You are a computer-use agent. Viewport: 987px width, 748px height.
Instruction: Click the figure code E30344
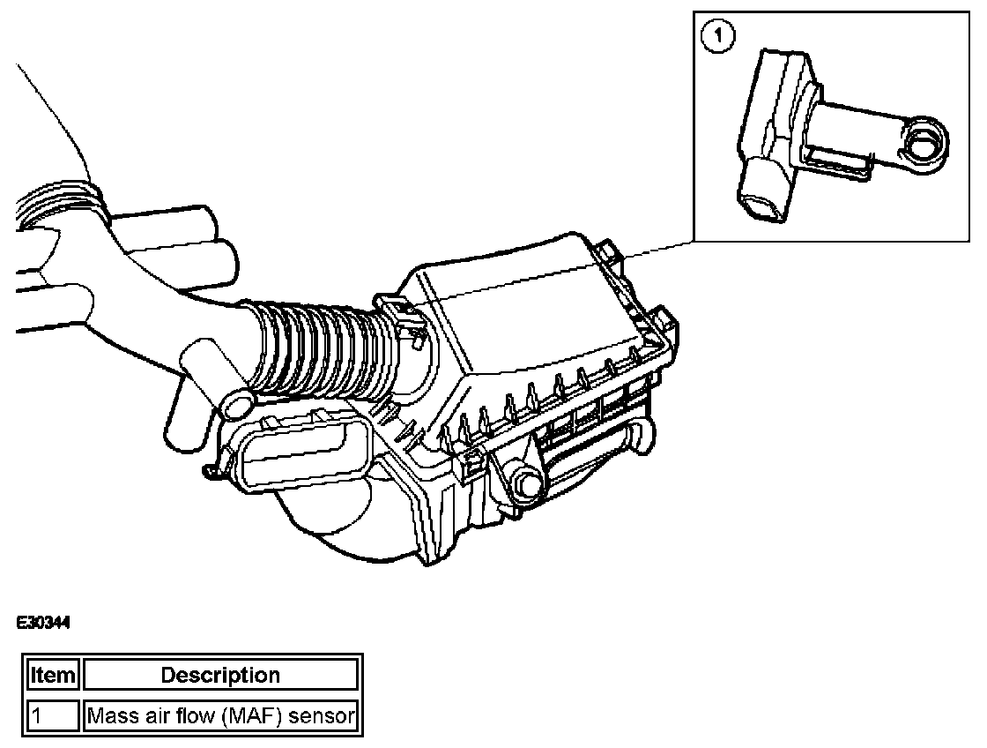click(x=42, y=624)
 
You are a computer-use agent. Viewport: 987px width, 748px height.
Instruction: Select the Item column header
click(x=55, y=676)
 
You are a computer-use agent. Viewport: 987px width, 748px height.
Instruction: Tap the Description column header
click(x=220, y=676)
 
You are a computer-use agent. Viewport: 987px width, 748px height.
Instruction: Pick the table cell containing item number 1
click(x=55, y=715)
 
